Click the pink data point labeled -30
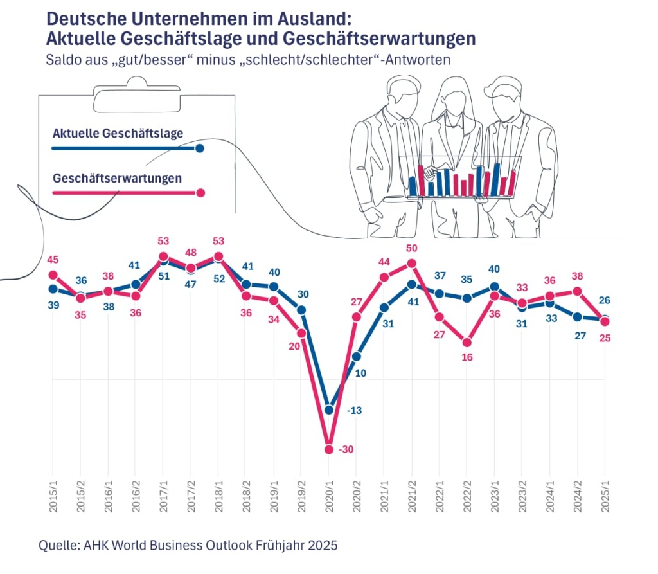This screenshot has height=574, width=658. (329, 449)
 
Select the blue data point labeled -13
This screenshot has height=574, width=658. (329, 409)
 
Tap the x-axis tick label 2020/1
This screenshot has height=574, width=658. (329, 496)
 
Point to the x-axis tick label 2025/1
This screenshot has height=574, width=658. (605, 496)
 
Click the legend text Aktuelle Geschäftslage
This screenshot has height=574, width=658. (118, 133)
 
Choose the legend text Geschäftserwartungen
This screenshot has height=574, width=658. (117, 178)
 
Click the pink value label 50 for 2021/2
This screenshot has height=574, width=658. (412, 248)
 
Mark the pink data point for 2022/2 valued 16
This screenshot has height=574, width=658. (467, 342)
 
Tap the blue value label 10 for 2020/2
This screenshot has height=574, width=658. (361, 372)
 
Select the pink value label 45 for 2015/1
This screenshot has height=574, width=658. (53, 260)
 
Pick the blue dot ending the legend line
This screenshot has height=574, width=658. (200, 148)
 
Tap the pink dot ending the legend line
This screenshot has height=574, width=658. (200, 192)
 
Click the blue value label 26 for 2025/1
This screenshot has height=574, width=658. (604, 300)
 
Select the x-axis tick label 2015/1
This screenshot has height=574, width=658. (53, 496)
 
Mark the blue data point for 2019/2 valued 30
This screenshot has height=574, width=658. (301, 310)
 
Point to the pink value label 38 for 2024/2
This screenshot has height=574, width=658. (577, 276)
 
